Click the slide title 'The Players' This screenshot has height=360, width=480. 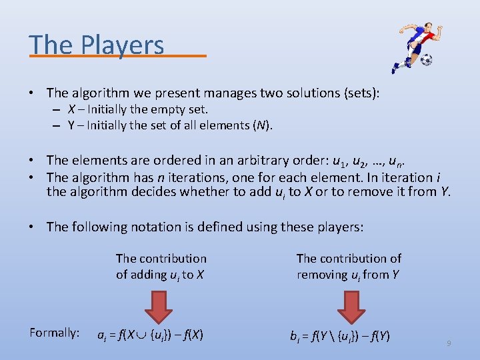(97, 45)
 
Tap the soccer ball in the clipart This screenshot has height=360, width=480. (426, 60)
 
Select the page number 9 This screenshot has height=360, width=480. (449, 343)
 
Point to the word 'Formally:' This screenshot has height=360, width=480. (55, 333)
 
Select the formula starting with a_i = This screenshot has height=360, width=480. (151, 335)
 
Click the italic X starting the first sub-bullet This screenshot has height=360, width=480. (71, 109)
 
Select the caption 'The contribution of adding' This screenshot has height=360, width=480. (161, 266)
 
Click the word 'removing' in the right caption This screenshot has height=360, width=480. (323, 275)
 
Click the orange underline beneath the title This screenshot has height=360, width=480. (117, 57)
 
